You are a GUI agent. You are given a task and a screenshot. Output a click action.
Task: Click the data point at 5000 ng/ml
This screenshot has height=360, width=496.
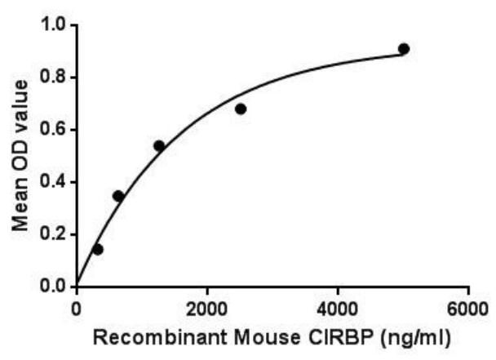click(x=403, y=49)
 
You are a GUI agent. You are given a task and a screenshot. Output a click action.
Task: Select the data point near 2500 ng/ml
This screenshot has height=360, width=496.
click(x=241, y=109)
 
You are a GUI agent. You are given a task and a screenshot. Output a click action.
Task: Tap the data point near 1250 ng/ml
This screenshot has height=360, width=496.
click(x=159, y=146)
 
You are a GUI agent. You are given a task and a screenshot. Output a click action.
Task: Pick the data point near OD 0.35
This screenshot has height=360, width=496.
click(x=118, y=196)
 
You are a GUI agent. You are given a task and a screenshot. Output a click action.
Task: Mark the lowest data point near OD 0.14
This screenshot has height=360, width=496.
click(x=98, y=249)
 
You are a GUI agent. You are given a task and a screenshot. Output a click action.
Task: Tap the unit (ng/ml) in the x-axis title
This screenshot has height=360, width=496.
click(x=374, y=336)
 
